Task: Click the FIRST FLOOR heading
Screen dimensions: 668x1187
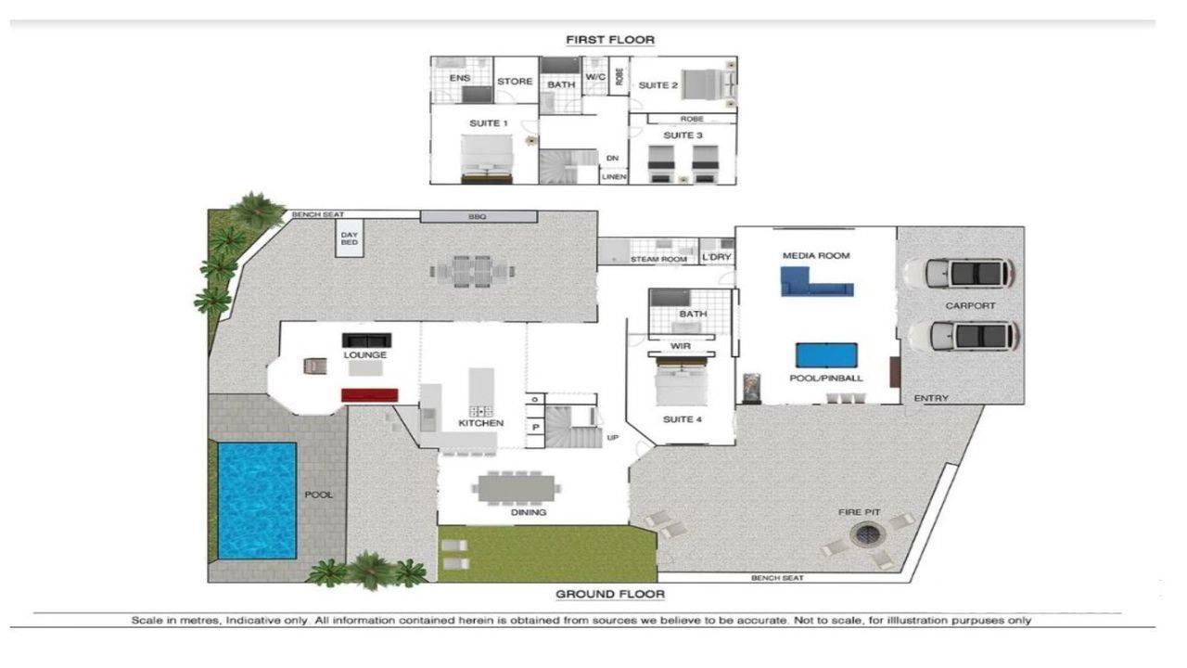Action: pos(610,40)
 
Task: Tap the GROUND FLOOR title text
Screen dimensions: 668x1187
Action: pos(609,595)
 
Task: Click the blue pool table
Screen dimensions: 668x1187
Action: pos(826,356)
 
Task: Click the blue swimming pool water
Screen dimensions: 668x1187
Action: pos(257,500)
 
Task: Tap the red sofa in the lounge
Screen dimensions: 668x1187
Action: pos(369,395)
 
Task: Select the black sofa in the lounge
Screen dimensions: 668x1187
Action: pos(366,340)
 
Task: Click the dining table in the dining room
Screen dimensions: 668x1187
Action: pos(517,487)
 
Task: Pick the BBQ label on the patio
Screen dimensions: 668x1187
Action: pos(478,216)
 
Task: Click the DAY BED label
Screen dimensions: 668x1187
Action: pos(349,239)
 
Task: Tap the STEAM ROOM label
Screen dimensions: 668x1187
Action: pos(658,260)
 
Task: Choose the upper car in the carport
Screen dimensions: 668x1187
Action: pos(958,273)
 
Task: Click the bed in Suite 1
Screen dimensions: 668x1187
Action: pos(487,157)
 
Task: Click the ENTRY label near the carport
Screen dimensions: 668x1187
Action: pos(931,398)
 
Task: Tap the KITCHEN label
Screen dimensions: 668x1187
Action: pos(480,423)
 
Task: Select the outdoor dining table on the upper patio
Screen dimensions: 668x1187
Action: pos(473,272)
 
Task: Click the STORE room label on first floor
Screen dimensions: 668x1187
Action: pos(515,82)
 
